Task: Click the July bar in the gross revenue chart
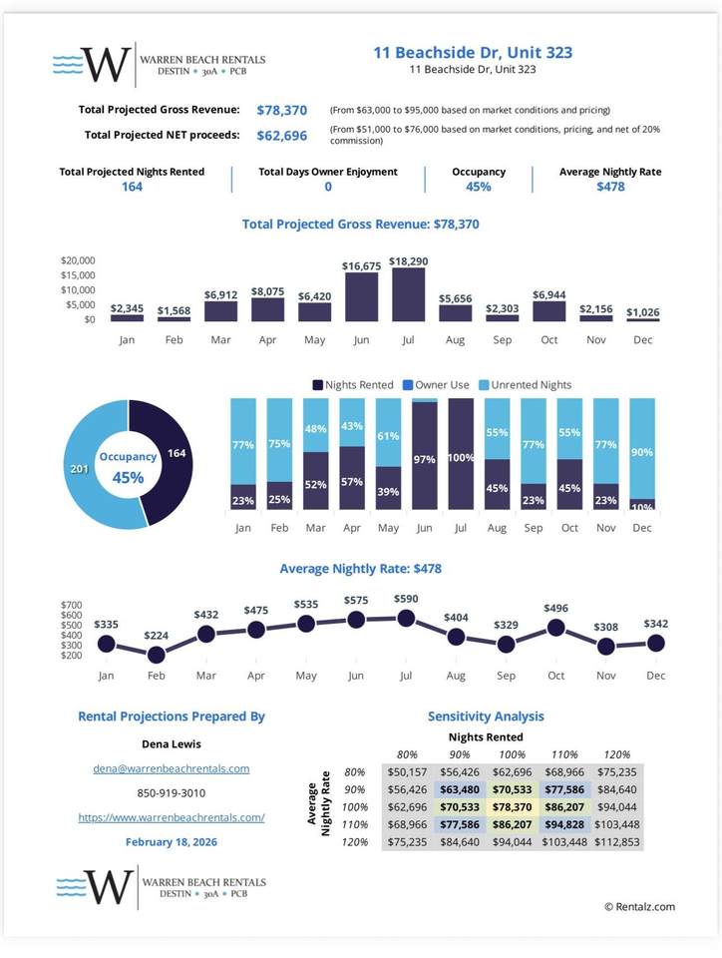408,294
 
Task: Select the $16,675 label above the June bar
361,266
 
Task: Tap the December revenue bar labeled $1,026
642,319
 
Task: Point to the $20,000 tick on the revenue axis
77,259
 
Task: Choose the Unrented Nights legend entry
528,384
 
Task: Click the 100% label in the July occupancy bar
461,457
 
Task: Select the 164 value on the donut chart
175,454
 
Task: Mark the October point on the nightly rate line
556,628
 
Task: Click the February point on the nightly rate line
156,655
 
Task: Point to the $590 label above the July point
406,599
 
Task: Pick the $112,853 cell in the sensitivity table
618,841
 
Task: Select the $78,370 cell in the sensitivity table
511,806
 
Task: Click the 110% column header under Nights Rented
563,753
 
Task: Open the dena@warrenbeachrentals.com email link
171,769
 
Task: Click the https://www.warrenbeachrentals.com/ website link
171,817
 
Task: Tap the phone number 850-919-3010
171,793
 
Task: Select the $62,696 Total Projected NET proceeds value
282,135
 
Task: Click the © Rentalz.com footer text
639,906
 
